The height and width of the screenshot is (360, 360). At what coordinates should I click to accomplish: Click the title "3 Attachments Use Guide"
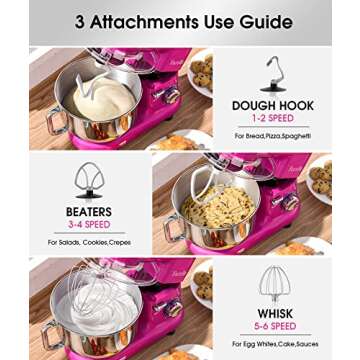pyautogui.click(x=180, y=21)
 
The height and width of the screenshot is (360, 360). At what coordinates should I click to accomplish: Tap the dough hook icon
pyautogui.click(x=272, y=73)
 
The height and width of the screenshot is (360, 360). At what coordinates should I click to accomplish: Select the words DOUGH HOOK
pyautogui.click(x=272, y=104)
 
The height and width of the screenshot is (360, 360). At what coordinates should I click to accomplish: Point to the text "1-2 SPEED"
pyautogui.click(x=272, y=118)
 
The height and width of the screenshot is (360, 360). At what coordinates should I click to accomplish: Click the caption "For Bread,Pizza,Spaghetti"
pyautogui.click(x=271, y=135)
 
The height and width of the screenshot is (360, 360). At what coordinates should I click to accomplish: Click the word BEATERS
pyautogui.click(x=88, y=212)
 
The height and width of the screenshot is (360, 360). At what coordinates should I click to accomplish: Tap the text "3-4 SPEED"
pyautogui.click(x=88, y=226)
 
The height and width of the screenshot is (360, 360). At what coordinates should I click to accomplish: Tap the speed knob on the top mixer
pyautogui.click(x=171, y=96)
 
